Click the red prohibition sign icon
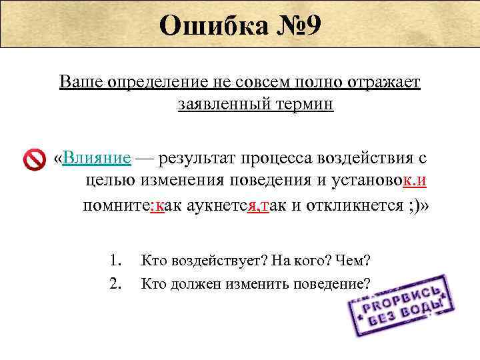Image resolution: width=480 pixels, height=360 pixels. pos(34,159)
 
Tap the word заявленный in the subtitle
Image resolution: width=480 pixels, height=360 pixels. pos(219,105)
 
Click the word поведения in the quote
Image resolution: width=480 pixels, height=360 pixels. pos(267,180)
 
